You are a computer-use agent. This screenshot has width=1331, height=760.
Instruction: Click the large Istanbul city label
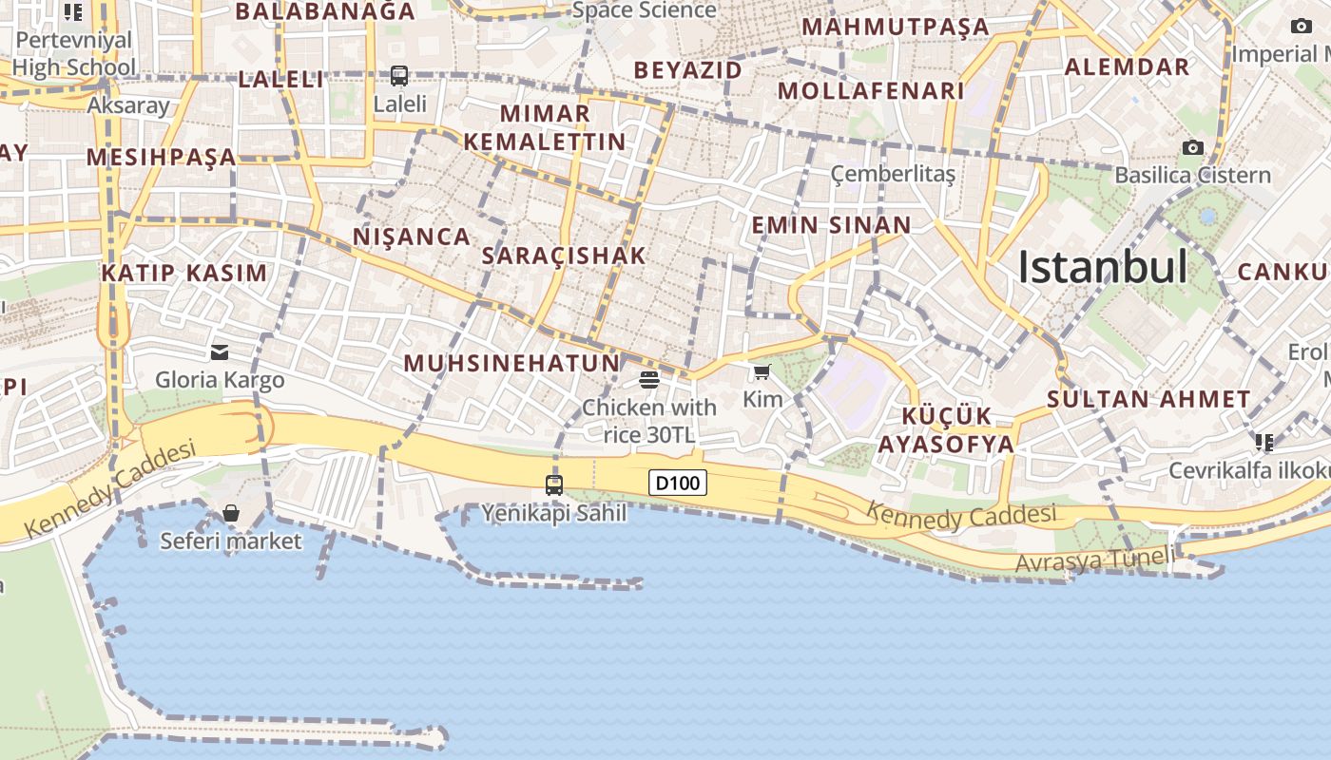pyautogui.click(x=1103, y=267)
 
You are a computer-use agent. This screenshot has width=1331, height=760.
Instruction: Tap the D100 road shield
pyautogui.click(x=679, y=483)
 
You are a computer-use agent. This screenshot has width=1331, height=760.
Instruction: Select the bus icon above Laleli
pyautogui.click(x=399, y=75)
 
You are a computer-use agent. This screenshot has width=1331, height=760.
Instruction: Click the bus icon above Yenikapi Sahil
pyautogui.click(x=554, y=484)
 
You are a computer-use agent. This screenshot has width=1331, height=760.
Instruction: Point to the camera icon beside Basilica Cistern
pyautogui.click(x=1192, y=147)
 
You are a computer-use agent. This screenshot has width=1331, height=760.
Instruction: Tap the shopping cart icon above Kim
pyautogui.click(x=762, y=371)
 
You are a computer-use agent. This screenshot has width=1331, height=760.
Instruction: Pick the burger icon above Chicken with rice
pyautogui.click(x=649, y=381)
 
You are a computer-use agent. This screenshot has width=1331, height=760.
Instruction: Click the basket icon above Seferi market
pyautogui.click(x=230, y=514)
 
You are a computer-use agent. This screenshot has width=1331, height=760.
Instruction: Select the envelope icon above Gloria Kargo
pyautogui.click(x=220, y=352)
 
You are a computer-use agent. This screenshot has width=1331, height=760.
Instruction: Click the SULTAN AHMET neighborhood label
pyautogui.click(x=1148, y=399)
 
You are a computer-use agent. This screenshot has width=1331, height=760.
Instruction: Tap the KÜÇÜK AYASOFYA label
pyautogui.click(x=946, y=430)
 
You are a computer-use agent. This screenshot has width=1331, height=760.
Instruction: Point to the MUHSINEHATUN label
pyautogui.click(x=511, y=363)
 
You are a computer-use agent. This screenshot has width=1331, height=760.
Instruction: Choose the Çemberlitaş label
pyautogui.click(x=893, y=174)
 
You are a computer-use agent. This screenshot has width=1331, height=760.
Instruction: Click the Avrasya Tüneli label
pyautogui.click(x=1094, y=560)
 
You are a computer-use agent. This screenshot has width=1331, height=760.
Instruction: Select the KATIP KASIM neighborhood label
pyautogui.click(x=184, y=274)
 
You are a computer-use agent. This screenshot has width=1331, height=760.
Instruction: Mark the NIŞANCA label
pyautogui.click(x=412, y=237)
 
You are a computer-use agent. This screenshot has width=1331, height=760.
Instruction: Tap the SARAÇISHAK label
pyautogui.click(x=564, y=255)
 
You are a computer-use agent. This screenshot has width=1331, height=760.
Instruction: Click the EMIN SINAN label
pyautogui.click(x=831, y=225)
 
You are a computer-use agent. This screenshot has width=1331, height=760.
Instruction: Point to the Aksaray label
pyautogui.click(x=128, y=105)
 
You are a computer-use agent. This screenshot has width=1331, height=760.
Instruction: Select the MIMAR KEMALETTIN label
pyautogui.click(x=545, y=127)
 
